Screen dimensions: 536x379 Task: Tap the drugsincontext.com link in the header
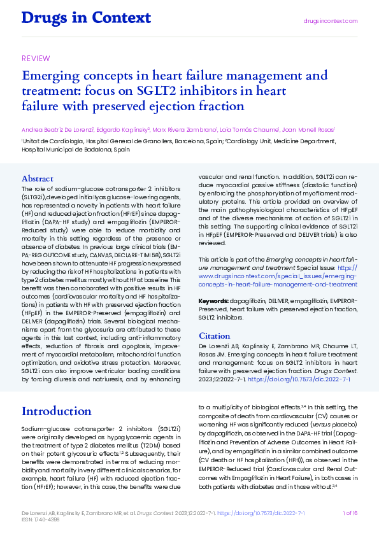(x=330, y=21)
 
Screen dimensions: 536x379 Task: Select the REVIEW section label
(x=36, y=59)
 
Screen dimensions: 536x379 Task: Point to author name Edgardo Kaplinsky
(x=122, y=129)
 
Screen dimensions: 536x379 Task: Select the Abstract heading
(x=38, y=179)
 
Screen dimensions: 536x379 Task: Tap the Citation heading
(x=215, y=335)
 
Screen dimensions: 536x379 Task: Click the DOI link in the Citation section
(x=299, y=379)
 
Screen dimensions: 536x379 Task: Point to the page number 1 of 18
(x=350, y=513)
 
